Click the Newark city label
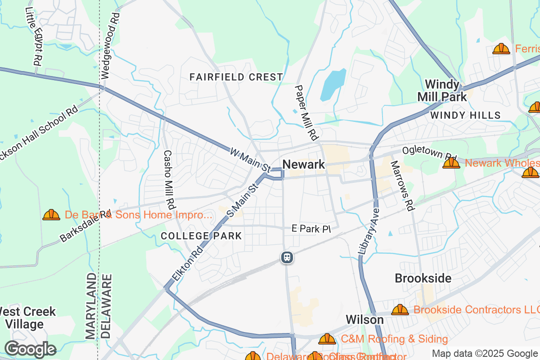click(304, 165)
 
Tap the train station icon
click(287, 258)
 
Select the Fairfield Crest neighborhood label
click(236, 77)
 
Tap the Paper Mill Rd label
click(306, 112)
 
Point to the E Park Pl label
click(311, 229)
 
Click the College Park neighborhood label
click(201, 236)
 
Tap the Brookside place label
click(423, 278)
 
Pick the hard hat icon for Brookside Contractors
click(400, 310)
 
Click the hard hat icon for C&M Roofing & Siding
click(327, 339)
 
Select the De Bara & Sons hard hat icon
click(51, 215)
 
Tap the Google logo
click(31, 349)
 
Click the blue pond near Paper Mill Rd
click(333, 85)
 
